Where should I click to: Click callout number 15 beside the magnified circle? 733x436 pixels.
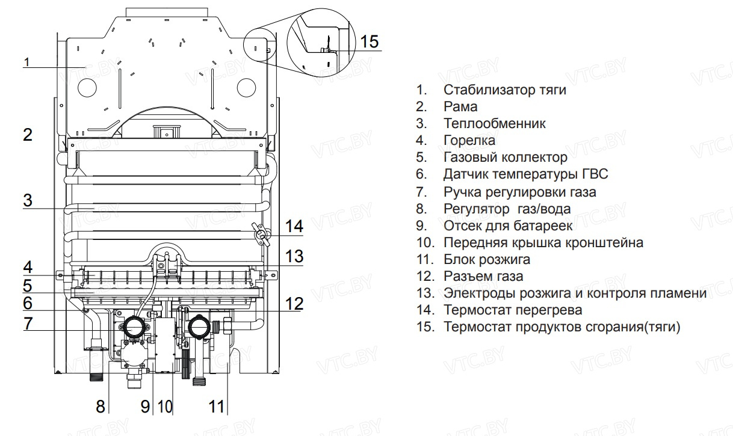tap(370, 41)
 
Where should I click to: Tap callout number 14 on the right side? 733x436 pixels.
tap(294, 227)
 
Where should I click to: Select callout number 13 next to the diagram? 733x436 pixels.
tap(294, 257)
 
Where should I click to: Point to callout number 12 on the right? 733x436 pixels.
tap(294, 304)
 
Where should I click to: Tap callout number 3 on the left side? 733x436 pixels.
tap(28, 200)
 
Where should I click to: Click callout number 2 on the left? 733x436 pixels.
tap(28, 135)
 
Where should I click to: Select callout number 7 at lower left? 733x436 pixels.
tap(28, 323)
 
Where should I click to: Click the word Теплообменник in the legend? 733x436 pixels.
tap(495, 124)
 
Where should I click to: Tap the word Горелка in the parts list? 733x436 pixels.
tap(469, 141)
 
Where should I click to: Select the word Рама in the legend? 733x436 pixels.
tap(460, 107)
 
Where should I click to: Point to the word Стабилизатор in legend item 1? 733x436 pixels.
tap(484, 90)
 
